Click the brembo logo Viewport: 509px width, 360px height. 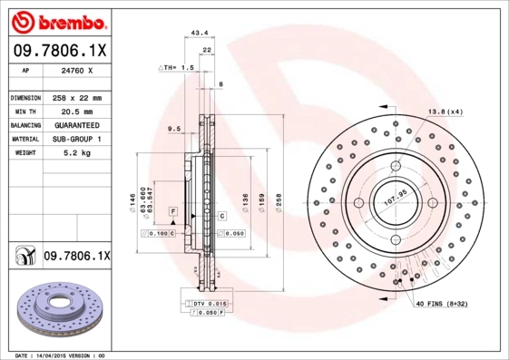pyautogui.click(x=56, y=20)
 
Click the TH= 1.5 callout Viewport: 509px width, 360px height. pyautogui.click(x=177, y=68)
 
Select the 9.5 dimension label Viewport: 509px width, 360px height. pyautogui.click(x=174, y=129)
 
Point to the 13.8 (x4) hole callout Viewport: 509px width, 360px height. pyautogui.click(x=445, y=112)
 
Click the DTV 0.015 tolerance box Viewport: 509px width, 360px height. pyautogui.click(x=207, y=302)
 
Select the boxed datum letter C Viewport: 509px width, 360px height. pyautogui.click(x=220, y=216)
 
